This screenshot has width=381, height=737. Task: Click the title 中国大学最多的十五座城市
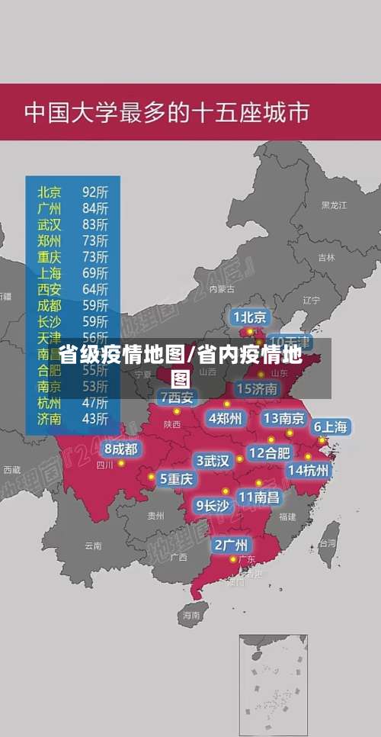[x=167, y=112]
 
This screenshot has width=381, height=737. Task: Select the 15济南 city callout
[x=258, y=389]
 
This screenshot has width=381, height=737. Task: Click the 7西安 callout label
[x=177, y=397]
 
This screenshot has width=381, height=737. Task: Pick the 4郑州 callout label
[x=225, y=418]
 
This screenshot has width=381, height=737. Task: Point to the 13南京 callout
[x=284, y=418]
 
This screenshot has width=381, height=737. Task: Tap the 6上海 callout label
[x=331, y=427]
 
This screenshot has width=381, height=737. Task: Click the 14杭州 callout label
[x=309, y=470]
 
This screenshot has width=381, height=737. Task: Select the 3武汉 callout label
[x=213, y=461]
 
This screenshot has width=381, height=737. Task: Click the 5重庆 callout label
[x=176, y=479]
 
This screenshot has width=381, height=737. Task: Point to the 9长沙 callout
[x=213, y=505]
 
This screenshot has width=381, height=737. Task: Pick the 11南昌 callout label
[x=259, y=497]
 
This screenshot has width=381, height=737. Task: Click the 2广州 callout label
[x=230, y=545]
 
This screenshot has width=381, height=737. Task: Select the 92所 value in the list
[x=94, y=191]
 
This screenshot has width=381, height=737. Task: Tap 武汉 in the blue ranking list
[x=50, y=224]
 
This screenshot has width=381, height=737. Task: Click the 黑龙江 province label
[x=334, y=205]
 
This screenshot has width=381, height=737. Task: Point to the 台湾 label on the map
[x=328, y=544]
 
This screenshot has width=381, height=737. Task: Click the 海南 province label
[x=190, y=614]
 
